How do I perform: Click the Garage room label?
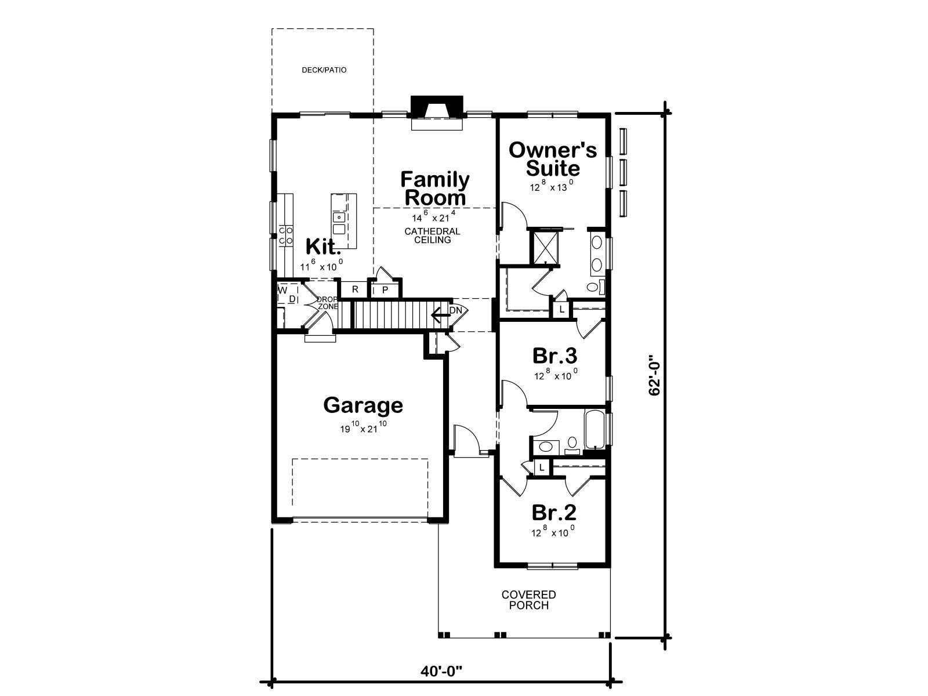point(362,405)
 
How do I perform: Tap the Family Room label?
point(434,188)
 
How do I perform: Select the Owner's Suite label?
point(553,159)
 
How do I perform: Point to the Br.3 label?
point(554,356)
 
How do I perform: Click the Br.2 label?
point(554,513)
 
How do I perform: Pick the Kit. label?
point(323,246)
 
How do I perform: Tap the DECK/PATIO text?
point(324,70)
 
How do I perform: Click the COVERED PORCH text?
point(528,600)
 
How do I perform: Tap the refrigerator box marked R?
point(355,289)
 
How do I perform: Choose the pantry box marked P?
point(385,291)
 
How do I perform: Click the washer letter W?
point(283,291)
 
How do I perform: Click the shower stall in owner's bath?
point(545,247)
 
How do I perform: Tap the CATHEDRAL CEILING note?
point(432,236)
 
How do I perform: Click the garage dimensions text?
point(364,427)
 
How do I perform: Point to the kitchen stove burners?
point(285,235)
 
